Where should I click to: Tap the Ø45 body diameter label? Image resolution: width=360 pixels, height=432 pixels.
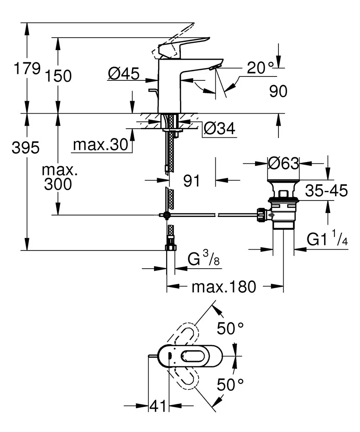click(124, 74)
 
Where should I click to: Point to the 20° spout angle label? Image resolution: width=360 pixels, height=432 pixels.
click(261, 67)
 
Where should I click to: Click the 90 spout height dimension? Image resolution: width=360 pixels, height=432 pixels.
click(278, 91)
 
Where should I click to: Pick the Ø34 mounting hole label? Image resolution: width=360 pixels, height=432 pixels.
click(219, 128)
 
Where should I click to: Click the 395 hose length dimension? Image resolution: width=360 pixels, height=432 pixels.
click(25, 148)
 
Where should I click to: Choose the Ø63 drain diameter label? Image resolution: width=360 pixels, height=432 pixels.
click(283, 163)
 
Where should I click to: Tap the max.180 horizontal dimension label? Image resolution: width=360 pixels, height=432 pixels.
click(224, 286)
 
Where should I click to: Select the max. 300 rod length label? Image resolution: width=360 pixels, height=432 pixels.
click(60, 177)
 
